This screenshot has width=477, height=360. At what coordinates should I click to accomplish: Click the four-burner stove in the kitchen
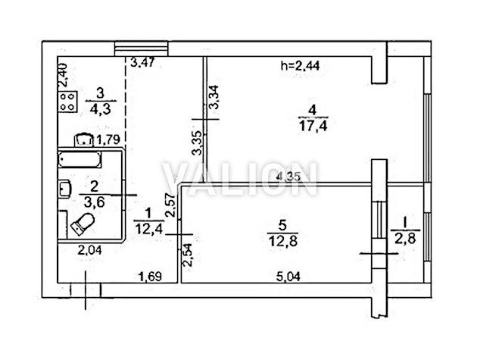[68, 102]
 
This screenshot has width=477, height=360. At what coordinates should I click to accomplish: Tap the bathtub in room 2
[79, 160]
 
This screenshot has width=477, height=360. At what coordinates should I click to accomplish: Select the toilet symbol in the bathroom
[83, 224]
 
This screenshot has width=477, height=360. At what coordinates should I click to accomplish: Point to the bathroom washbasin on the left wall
[64, 188]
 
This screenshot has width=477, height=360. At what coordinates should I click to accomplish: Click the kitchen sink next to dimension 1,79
[83, 140]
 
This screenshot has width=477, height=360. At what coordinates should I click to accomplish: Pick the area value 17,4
[313, 126]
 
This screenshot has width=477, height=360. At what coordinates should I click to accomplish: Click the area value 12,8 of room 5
[283, 240]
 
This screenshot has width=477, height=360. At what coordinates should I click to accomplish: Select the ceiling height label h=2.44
[301, 65]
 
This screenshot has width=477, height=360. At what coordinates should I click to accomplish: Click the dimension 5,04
[288, 277]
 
